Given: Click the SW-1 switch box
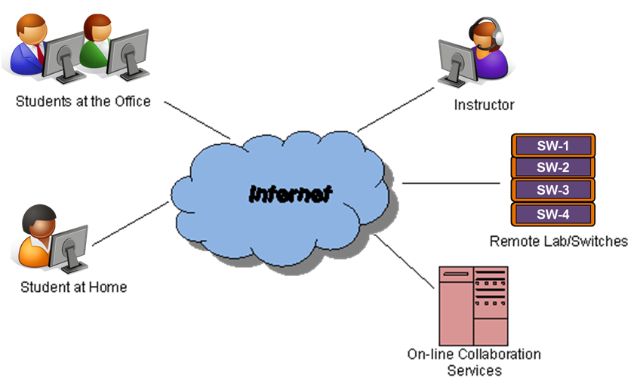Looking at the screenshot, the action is pos(553,146).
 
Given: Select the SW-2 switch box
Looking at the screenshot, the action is pos(553,167).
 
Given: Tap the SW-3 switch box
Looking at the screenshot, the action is pos(553,189).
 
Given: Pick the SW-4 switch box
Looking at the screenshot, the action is pos(553,214).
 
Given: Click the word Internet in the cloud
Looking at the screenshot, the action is pos(291,194).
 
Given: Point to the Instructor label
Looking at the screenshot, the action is pos(484,105).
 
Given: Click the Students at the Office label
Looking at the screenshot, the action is pos(83,101).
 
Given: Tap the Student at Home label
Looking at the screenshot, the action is pos(74,287).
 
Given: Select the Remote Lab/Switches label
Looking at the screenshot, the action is pos(558,241).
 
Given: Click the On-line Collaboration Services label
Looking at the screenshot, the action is pos(474,362).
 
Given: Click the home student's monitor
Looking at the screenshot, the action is pos(69,249).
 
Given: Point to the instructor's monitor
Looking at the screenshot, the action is pos(457,63).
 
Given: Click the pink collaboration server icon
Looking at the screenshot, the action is pos(473,306).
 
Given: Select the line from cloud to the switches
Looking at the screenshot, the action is pos(451,183).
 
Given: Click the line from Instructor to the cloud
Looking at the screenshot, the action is pos(396,109).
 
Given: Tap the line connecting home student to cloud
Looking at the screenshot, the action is pos(131,223).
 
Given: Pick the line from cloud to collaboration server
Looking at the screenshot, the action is pos(404,262).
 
